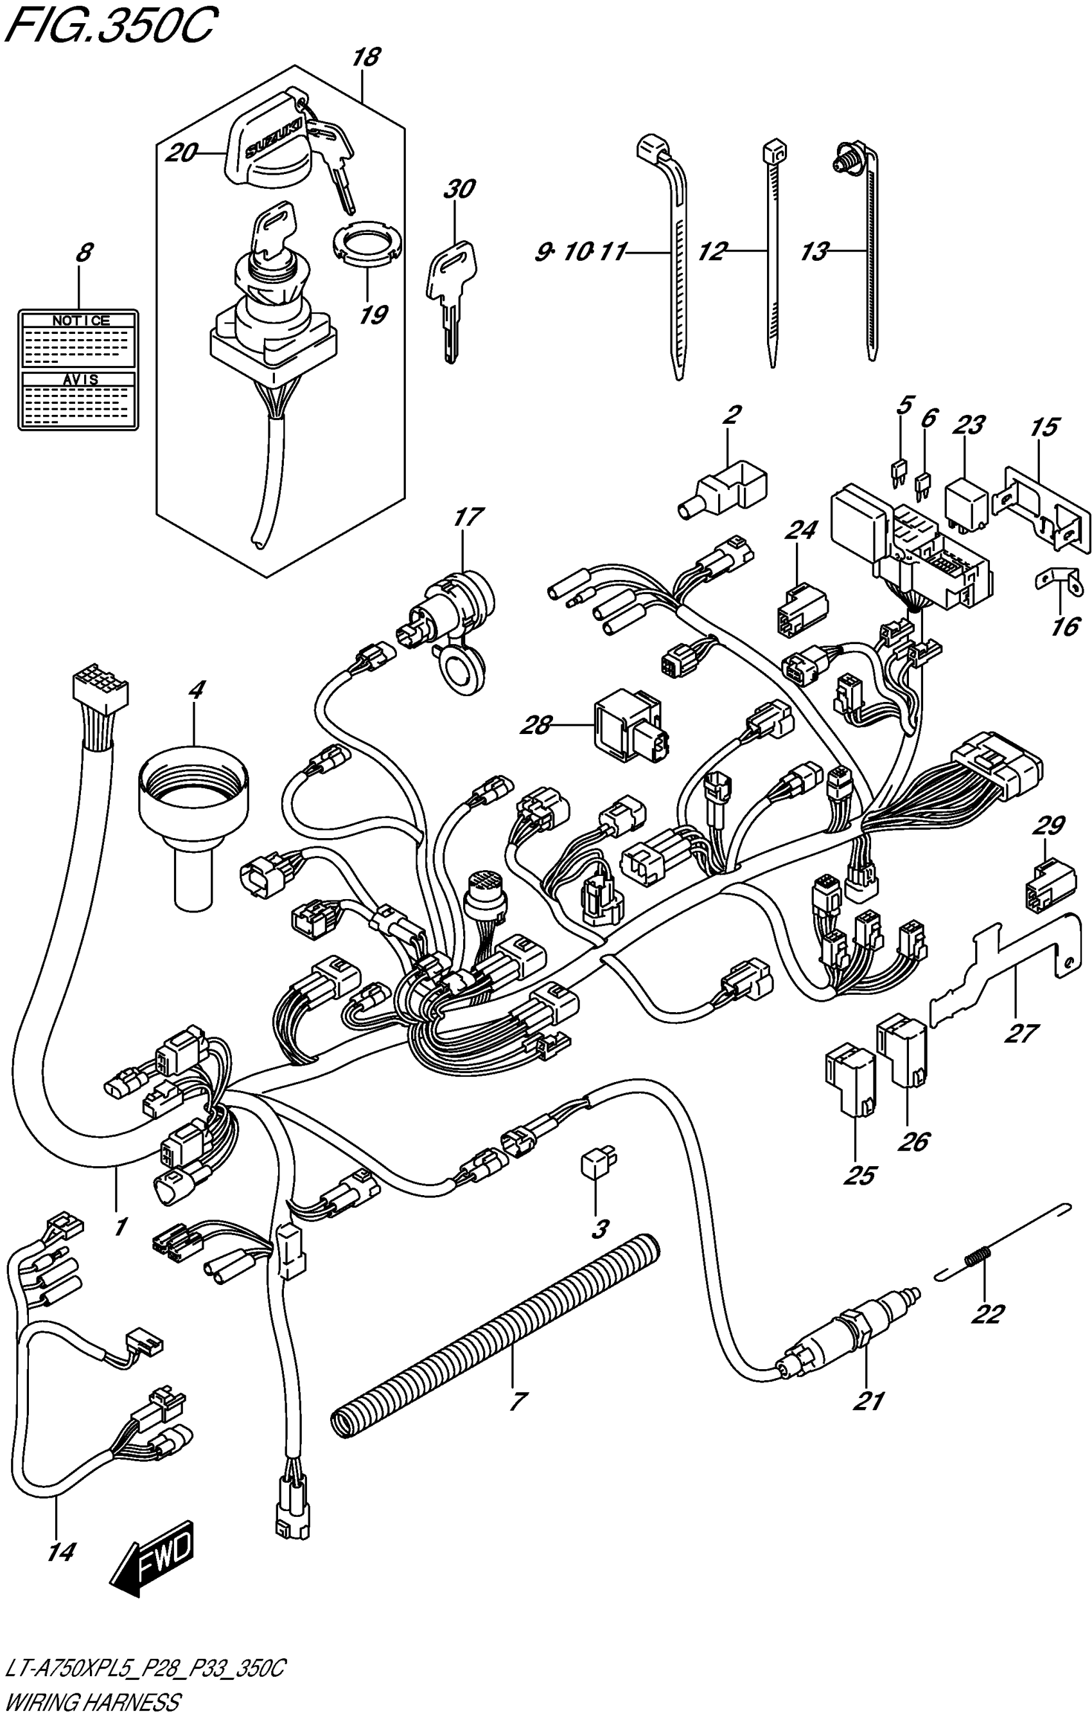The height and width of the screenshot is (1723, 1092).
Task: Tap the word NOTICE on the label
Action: [80, 320]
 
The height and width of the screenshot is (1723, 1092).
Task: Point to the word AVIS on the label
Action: [80, 380]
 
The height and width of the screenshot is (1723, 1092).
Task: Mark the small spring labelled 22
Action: [980, 1255]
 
